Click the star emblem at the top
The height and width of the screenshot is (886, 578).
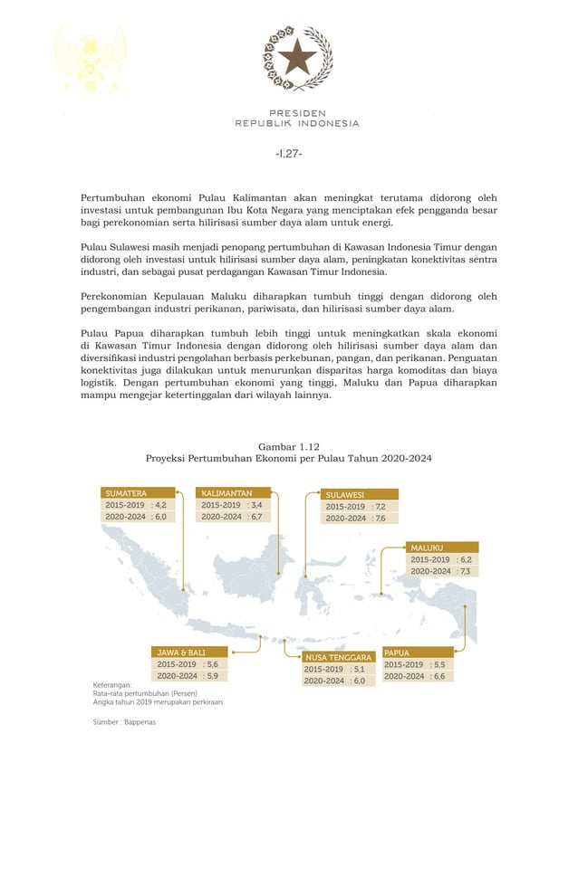[297, 58]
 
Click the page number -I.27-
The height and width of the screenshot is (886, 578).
[288, 153]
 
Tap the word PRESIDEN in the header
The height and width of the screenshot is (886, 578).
[297, 113]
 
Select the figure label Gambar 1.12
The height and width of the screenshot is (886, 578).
[288, 446]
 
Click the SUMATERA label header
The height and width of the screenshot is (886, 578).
[126, 493]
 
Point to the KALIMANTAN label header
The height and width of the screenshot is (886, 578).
[226, 493]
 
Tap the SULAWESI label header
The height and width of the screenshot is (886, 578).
[345, 495]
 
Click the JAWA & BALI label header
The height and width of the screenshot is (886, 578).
[180, 652]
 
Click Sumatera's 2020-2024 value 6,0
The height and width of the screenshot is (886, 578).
[160, 517]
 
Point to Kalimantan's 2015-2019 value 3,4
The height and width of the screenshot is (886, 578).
[256, 505]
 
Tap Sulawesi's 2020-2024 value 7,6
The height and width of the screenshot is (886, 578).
[380, 519]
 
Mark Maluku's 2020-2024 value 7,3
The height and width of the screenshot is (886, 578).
[465, 571]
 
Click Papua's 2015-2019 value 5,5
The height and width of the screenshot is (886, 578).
[438, 664]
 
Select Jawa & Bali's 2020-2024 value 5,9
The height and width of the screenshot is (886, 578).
[212, 675]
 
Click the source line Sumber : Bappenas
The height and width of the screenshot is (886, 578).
[124, 722]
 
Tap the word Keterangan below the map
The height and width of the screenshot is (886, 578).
[112, 685]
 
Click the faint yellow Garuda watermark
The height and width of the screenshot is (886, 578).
[90, 58]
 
